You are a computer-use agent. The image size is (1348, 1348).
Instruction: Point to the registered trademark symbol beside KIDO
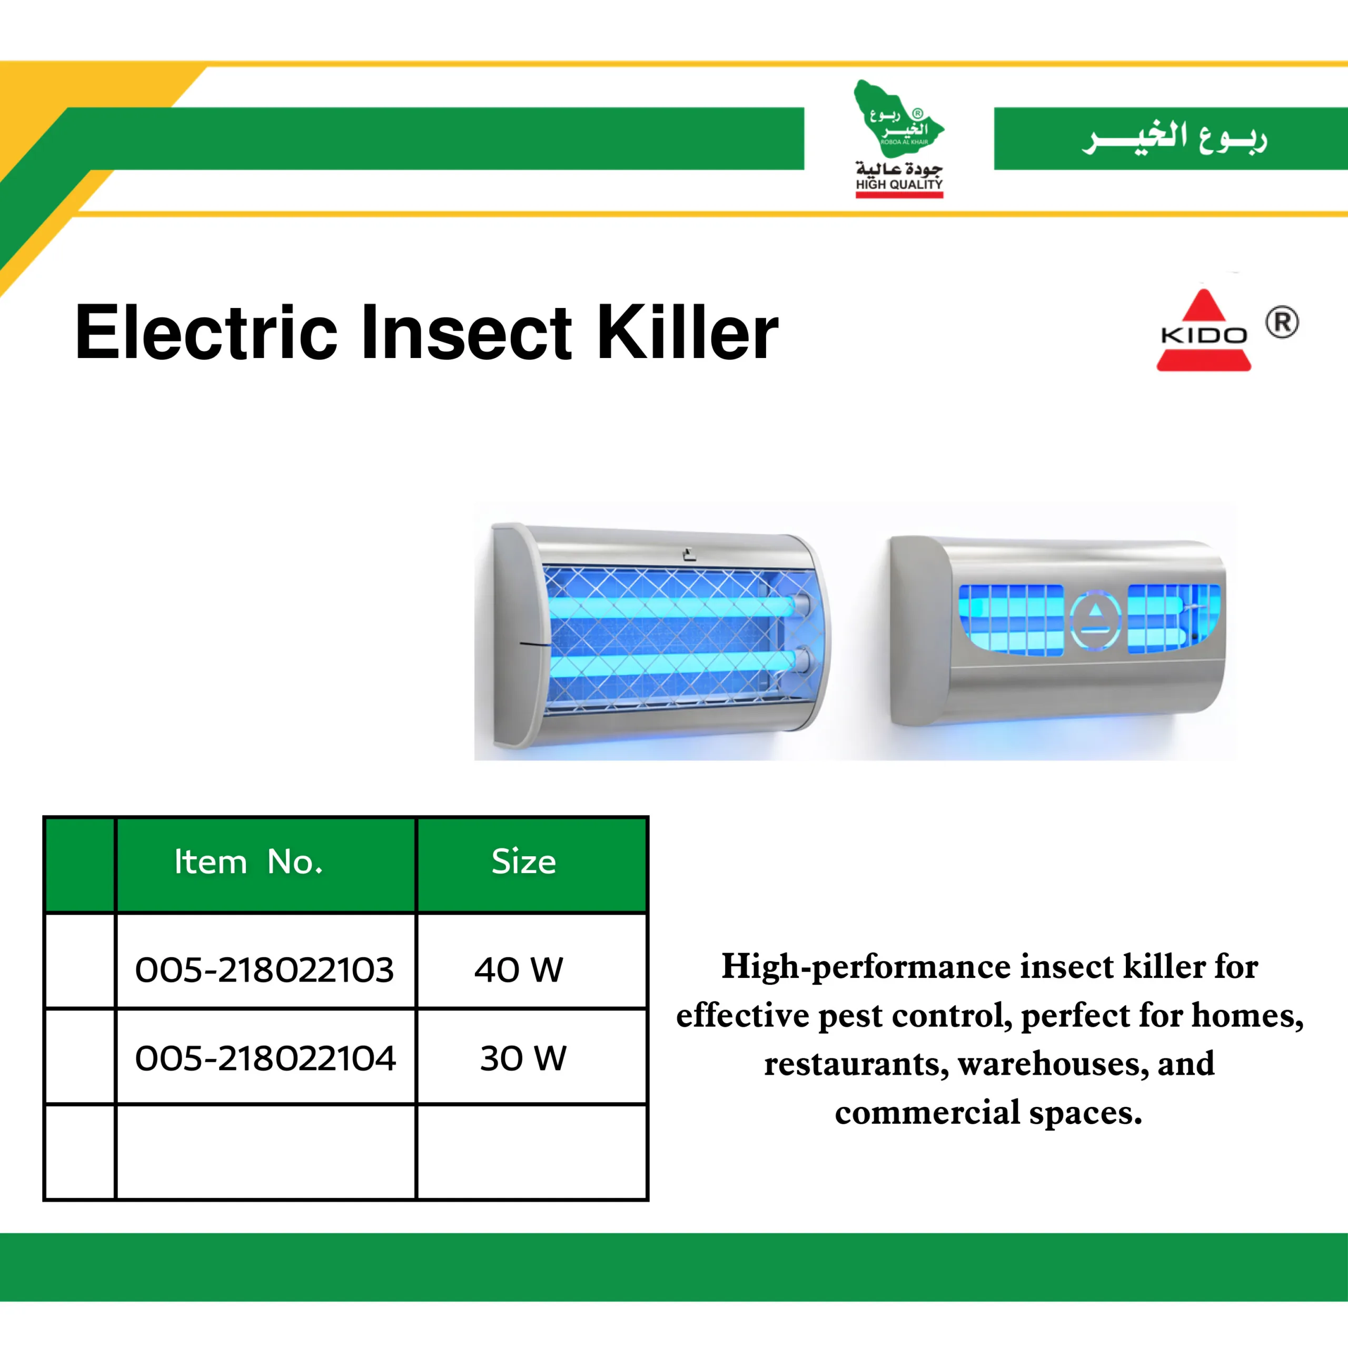pos(1282,322)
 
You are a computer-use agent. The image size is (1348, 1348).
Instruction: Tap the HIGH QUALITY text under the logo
pos(899,184)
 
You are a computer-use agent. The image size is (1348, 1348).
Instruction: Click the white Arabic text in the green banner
pos(1174,137)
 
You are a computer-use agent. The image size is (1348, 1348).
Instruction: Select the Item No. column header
pos(249,863)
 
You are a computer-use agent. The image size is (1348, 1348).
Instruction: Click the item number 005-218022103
pos(264,970)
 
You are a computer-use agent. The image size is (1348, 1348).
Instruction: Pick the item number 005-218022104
pos(265,1058)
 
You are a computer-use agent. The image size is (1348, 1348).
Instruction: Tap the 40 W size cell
pos(519,970)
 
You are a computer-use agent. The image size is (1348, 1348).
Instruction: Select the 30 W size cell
pos(523,1058)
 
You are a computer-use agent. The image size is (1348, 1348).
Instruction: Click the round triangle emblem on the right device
pos(1095,618)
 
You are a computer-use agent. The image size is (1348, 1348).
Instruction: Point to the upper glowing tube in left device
pos(673,606)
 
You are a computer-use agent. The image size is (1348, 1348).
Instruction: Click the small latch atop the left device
pos(689,556)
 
